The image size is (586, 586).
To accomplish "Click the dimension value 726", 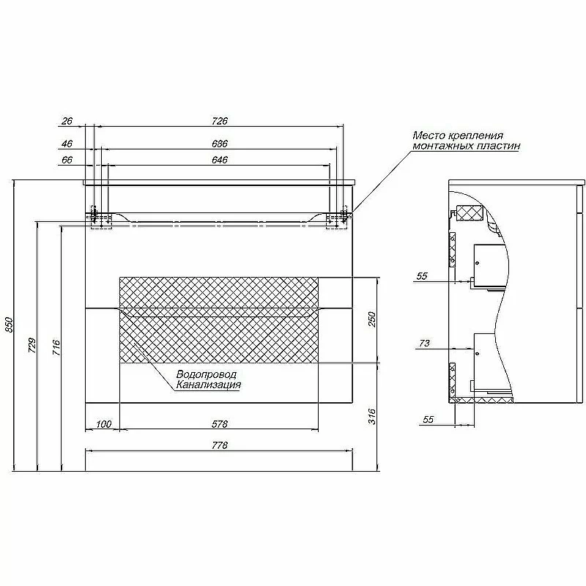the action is click(219, 121).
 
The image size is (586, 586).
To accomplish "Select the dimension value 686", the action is click(219, 144).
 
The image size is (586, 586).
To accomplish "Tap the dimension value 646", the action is click(219, 160).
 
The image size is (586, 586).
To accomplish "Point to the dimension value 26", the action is click(67, 121).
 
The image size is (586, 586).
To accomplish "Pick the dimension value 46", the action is click(67, 144).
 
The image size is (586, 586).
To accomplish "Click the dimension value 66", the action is click(67, 160).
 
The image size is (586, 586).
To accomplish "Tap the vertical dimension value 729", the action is click(32, 345).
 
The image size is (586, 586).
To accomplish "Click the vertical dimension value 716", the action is click(56, 347).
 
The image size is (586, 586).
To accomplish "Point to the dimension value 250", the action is click(372, 319).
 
